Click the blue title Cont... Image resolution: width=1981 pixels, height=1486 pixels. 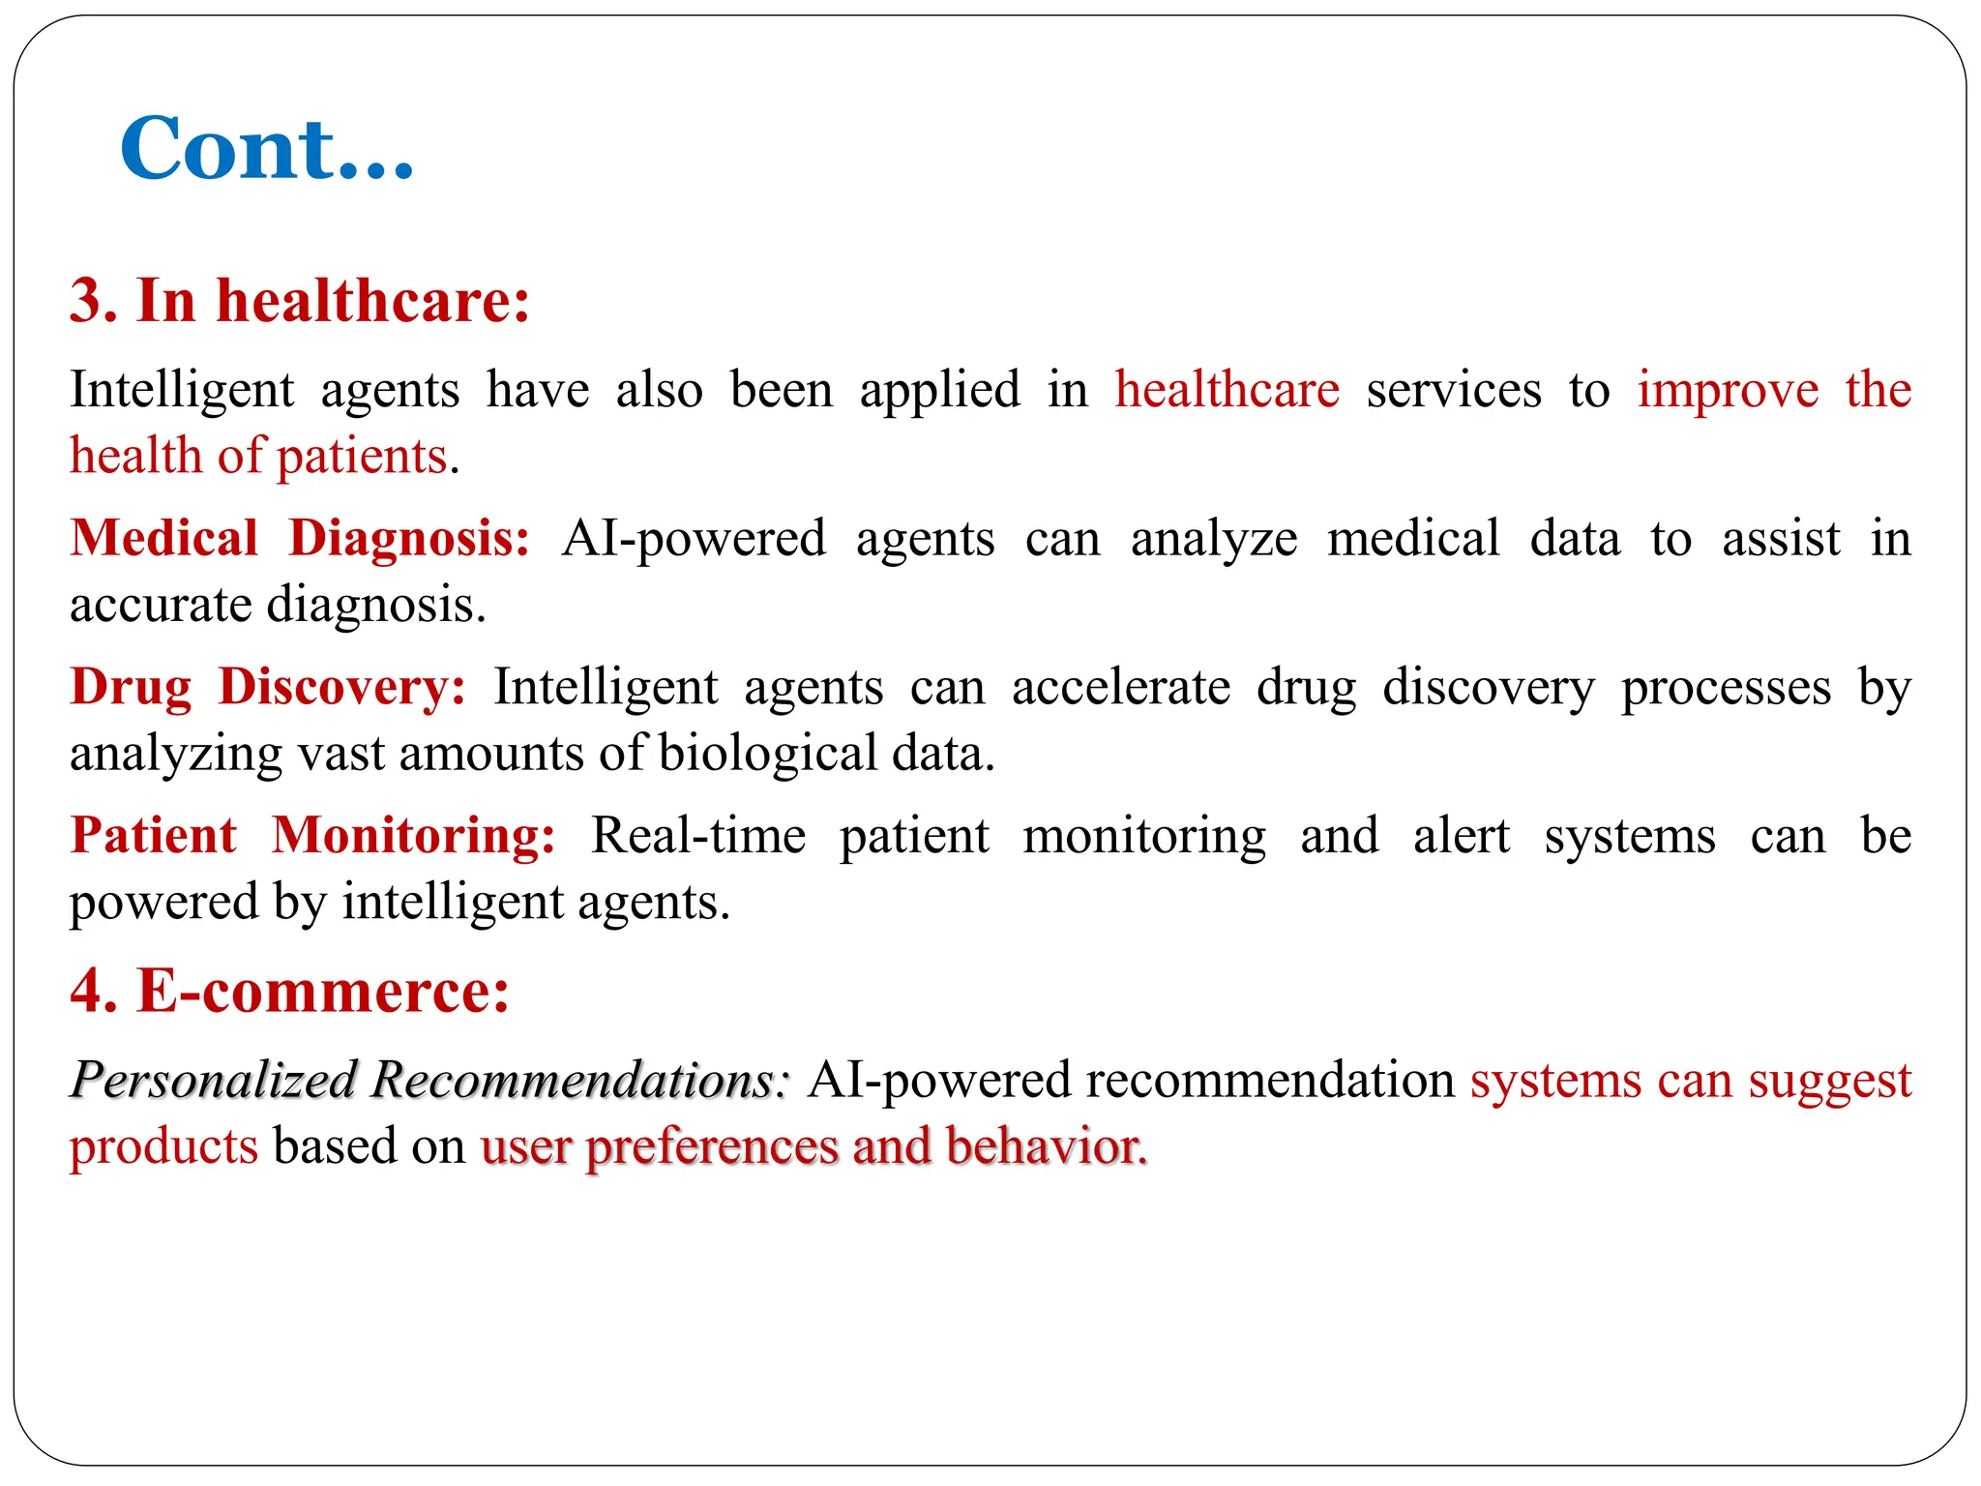pos(266,149)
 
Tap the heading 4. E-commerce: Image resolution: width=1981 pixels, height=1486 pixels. pos(289,991)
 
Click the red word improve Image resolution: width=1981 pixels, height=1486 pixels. pos(1728,391)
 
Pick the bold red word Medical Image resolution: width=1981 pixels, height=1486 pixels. pos(164,538)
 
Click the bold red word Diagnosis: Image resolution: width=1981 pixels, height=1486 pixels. pos(409,540)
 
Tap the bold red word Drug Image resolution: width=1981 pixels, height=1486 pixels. pos(132,689)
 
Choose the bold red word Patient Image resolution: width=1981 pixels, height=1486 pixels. pos(154,835)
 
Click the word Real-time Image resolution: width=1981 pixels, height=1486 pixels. pos(697,836)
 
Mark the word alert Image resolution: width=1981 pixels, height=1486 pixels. pos(1461,836)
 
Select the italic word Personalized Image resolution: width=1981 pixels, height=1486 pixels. pos(214,1080)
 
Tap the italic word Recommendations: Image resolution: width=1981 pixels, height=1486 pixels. pos(580,1080)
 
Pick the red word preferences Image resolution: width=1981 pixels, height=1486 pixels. pos(711,1148)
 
